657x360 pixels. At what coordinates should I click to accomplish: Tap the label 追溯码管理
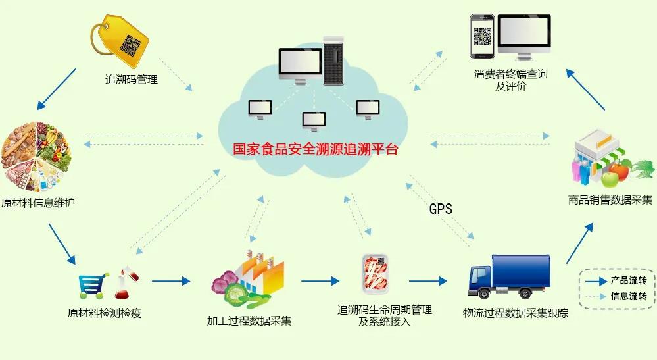pos(132,80)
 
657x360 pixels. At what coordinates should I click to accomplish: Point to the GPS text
pos(441,209)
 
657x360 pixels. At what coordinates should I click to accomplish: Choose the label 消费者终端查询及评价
pos(510,80)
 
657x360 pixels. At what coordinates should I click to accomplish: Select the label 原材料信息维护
pos(38,202)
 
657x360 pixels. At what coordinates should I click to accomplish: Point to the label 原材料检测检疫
pos(105,313)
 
